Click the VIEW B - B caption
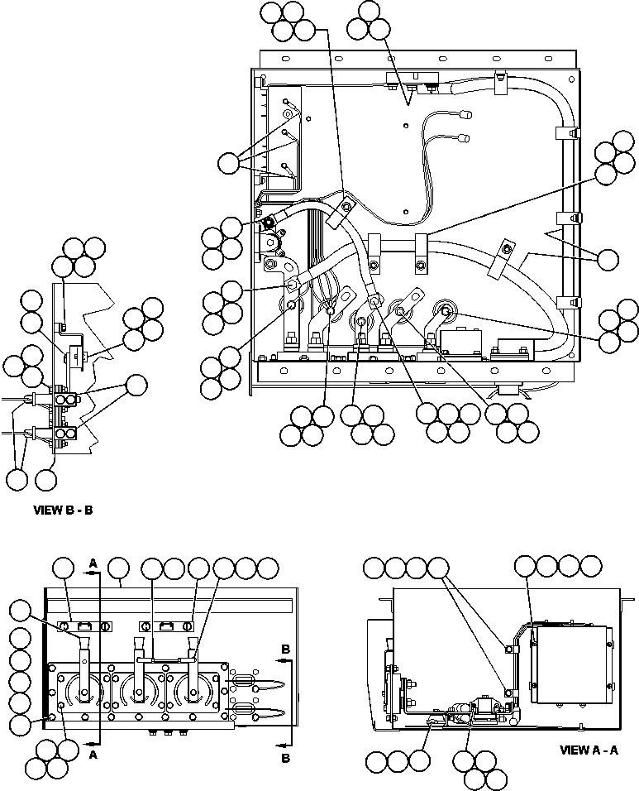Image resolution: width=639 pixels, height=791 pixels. [x=63, y=511]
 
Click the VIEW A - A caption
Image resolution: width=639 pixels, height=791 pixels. [x=589, y=750]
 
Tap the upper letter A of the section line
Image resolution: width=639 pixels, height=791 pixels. [x=93, y=563]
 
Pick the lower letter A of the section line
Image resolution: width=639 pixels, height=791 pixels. [x=93, y=755]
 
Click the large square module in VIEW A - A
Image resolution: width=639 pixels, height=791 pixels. [x=572, y=664]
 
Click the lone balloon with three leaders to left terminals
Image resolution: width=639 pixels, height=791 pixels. [x=226, y=164]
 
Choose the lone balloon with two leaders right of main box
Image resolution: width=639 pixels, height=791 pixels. [x=608, y=259]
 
